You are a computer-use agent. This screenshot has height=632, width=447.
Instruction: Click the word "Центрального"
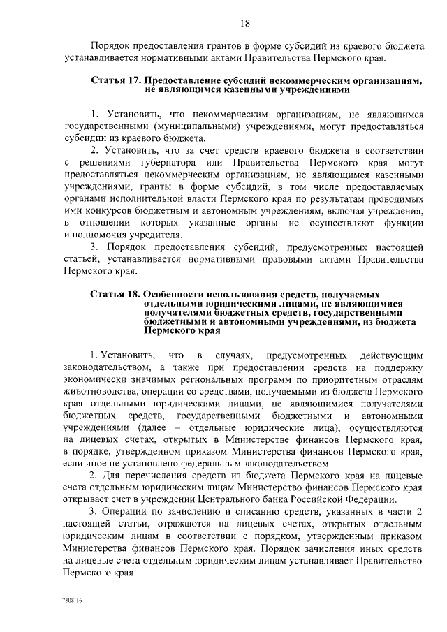[262, 499]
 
